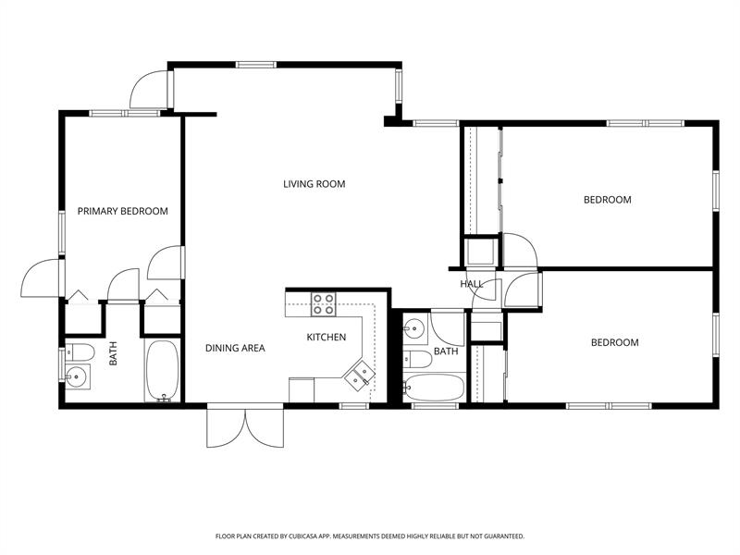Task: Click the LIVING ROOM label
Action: pyautogui.click(x=314, y=184)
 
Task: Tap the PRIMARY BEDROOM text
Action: pyautogui.click(x=122, y=211)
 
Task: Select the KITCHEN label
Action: pyautogui.click(x=326, y=338)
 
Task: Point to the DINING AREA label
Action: pyautogui.click(x=235, y=349)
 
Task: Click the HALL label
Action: pyautogui.click(x=472, y=284)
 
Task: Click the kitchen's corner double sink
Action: pyautogui.click(x=360, y=375)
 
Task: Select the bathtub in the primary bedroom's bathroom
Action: pyautogui.click(x=164, y=371)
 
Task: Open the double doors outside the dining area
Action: pyautogui.click(x=244, y=427)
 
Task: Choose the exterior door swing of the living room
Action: pyautogui.click(x=150, y=89)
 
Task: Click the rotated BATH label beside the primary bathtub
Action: pyautogui.click(x=114, y=353)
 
